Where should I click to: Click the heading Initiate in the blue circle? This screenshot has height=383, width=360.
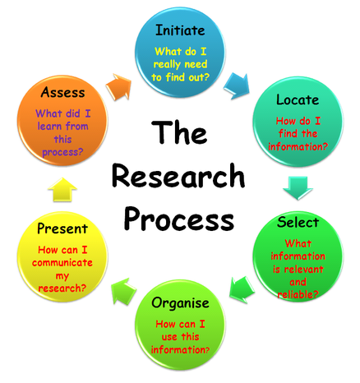pyautogui.click(x=180, y=30)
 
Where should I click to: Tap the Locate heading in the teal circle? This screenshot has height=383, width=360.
pyautogui.click(x=298, y=99)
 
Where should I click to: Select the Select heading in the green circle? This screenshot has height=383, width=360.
pyautogui.click(x=298, y=222)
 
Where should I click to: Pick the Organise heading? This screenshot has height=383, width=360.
pyautogui.click(x=180, y=303)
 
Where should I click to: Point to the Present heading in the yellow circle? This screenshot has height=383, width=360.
pyautogui.click(x=62, y=228)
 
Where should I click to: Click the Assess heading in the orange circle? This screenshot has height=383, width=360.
pyautogui.click(x=62, y=92)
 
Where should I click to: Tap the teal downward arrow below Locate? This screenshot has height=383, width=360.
pyautogui.click(x=298, y=188)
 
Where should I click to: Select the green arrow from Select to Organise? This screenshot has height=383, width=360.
pyautogui.click(x=242, y=290)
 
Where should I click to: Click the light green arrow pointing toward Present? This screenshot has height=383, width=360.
pyautogui.click(x=124, y=292)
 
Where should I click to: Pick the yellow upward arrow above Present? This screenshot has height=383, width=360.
pyautogui.click(x=62, y=190)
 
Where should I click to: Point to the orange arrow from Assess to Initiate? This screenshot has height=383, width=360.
pyautogui.click(x=119, y=86)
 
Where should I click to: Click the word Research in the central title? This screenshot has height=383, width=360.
pyautogui.click(x=178, y=176)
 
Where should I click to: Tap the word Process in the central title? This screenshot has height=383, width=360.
pyautogui.click(x=179, y=219)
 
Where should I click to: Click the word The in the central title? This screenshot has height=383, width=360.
pyautogui.click(x=179, y=132)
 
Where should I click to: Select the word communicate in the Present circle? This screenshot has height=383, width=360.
pyautogui.click(x=62, y=263)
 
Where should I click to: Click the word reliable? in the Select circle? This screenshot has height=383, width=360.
pyautogui.click(x=298, y=294)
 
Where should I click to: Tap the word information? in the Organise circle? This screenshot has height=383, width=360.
pyautogui.click(x=180, y=350)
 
